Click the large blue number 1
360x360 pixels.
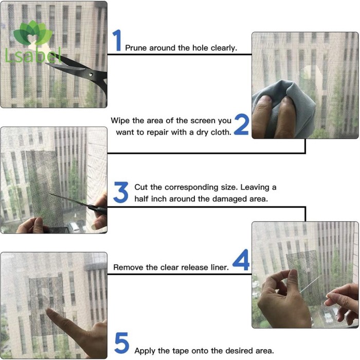[x=117, y=40]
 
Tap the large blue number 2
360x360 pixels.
[x=242, y=124]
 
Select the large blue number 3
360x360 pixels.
[x=121, y=192]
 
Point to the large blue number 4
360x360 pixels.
[x=241, y=260]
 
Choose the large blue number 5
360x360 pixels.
[x=122, y=343]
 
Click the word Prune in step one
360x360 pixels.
[x=136, y=48]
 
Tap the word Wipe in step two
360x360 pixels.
[x=120, y=121]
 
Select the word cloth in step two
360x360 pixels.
[x=221, y=132]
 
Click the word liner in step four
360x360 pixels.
[x=220, y=267]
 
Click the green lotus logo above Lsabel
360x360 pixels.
[x=32, y=33]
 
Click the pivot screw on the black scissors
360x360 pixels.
[x=91, y=75]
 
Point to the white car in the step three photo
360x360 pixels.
[x=74, y=227]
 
